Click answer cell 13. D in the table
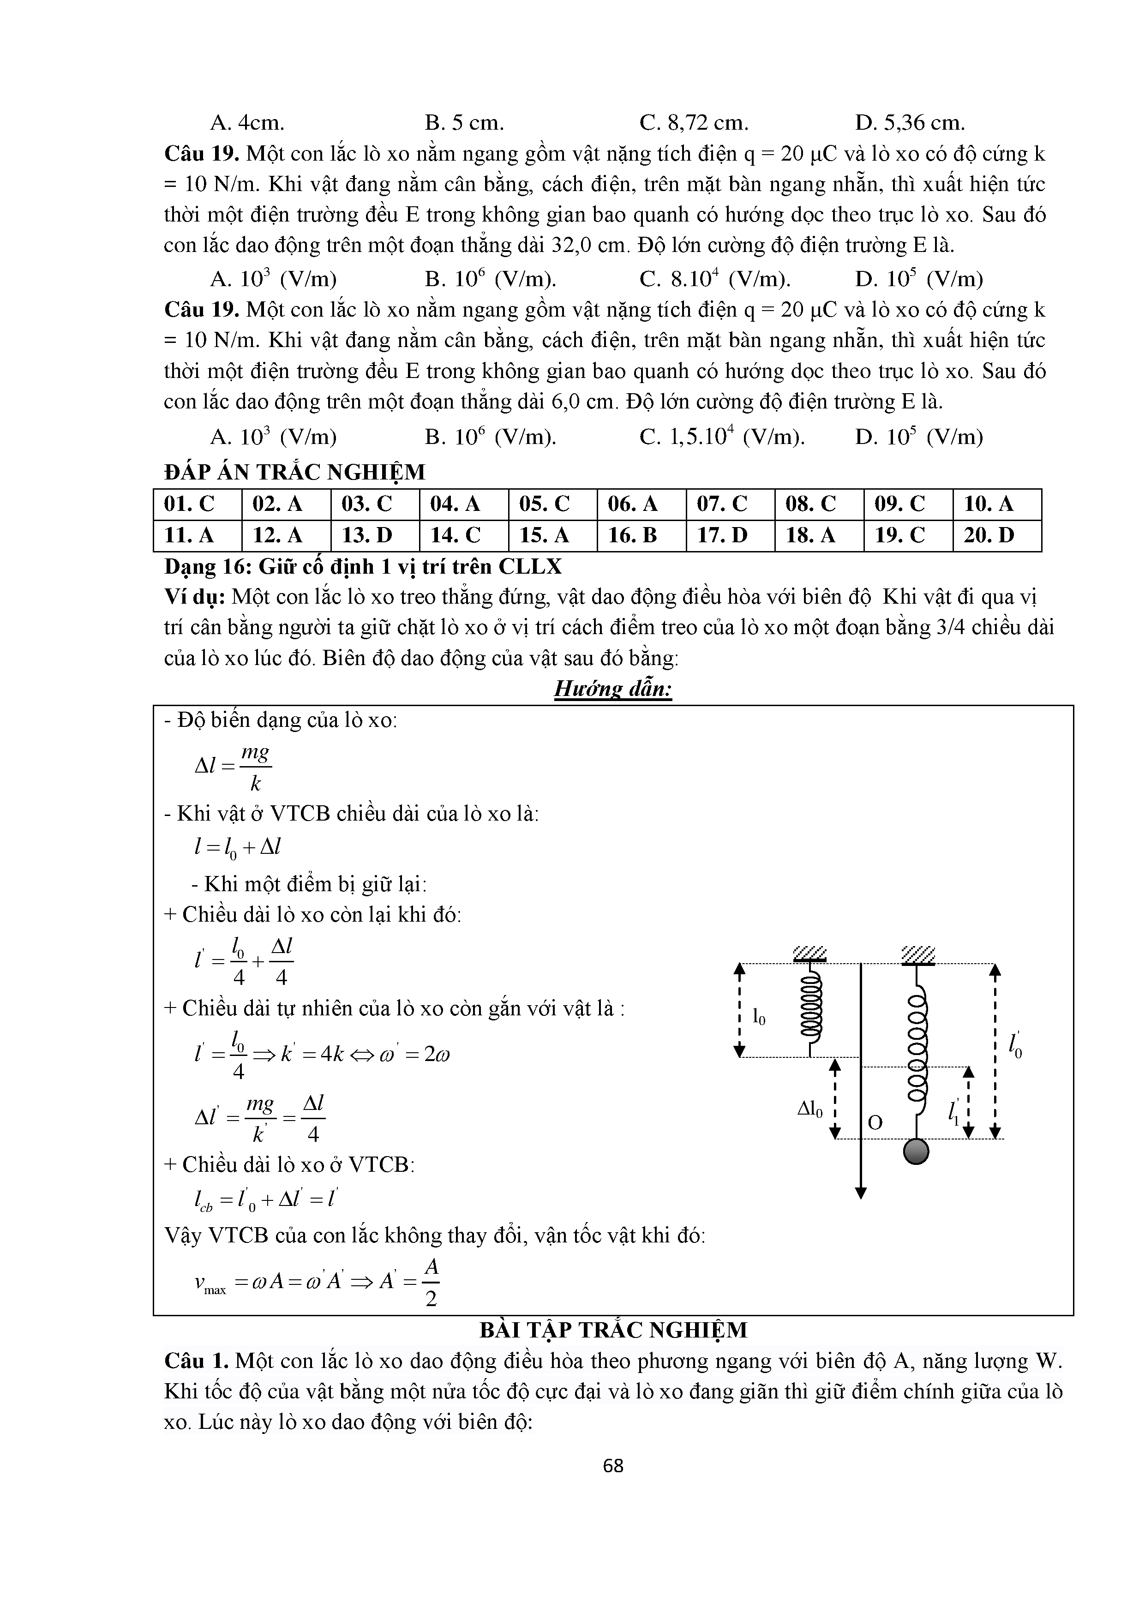366,535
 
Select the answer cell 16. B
632,535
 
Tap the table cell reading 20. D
989,535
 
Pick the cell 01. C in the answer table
189,504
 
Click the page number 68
613,1466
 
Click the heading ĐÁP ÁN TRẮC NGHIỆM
295,472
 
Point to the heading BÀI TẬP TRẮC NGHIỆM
613,1331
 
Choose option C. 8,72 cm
694,123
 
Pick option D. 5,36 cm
910,123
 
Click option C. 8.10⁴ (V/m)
715,279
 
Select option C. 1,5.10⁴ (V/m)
722,437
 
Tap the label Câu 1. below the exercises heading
196,1361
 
